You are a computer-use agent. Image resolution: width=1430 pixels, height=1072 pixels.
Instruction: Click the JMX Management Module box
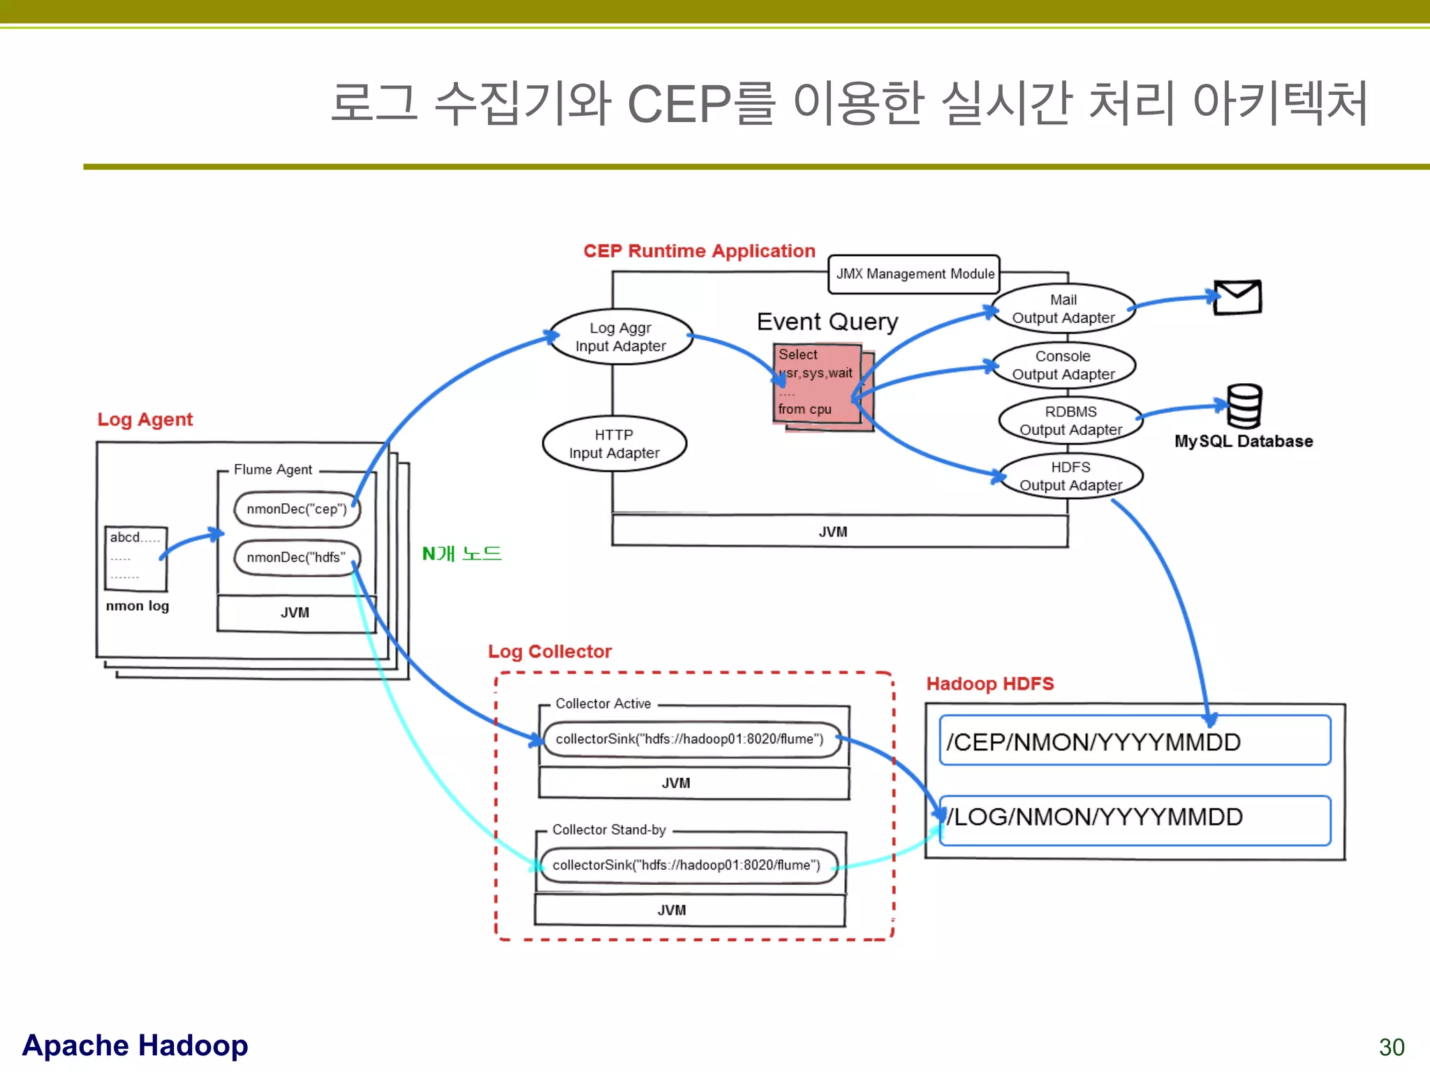pyautogui.click(x=914, y=274)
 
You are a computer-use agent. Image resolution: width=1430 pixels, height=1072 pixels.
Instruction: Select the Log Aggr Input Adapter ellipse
pyautogui.click(x=621, y=337)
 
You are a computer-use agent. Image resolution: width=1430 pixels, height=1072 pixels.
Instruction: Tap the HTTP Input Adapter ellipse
pyautogui.click(x=614, y=444)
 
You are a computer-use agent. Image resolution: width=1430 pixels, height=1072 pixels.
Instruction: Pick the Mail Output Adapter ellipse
pyautogui.click(x=1063, y=308)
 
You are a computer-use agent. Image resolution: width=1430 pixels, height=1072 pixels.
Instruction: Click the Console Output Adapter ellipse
pyautogui.click(x=1063, y=365)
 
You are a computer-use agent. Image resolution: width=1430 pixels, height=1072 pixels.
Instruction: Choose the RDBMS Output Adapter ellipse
pyautogui.click(x=1070, y=421)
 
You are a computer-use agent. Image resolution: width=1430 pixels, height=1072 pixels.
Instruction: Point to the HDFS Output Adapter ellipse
pyautogui.click(x=1070, y=476)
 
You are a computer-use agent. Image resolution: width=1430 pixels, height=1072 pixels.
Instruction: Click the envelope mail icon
pyautogui.click(x=1237, y=297)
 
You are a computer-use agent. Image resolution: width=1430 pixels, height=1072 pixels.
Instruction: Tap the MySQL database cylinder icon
pyautogui.click(x=1244, y=406)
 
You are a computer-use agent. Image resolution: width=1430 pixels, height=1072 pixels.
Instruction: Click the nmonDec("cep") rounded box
pyautogui.click(x=297, y=509)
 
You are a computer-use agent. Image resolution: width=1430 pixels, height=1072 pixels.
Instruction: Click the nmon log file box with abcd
pyautogui.click(x=135, y=558)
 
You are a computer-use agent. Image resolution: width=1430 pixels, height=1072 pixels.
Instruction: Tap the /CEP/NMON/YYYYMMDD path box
pyautogui.click(x=1135, y=740)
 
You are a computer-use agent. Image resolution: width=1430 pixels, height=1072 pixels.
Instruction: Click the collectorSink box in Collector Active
pyautogui.click(x=690, y=739)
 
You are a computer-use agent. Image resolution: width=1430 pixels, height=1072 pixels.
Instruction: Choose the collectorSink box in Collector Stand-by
pyautogui.click(x=687, y=865)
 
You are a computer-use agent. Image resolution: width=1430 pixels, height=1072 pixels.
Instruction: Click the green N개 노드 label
pyautogui.click(x=462, y=554)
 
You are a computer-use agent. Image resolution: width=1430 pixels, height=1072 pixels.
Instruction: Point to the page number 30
pyautogui.click(x=1391, y=1047)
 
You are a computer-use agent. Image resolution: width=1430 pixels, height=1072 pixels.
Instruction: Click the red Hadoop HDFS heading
pyautogui.click(x=989, y=684)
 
